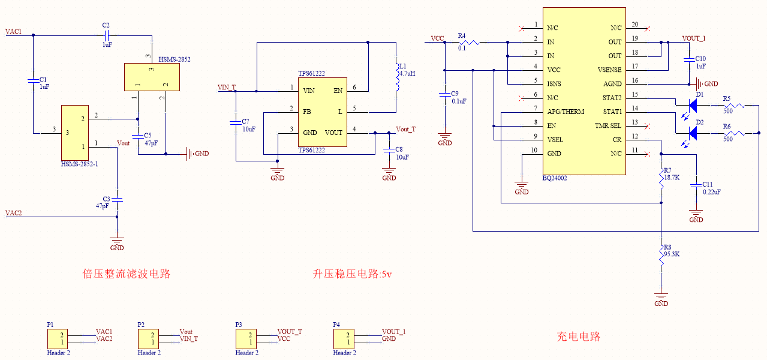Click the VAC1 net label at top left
click(x=13, y=31)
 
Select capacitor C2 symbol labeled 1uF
click(x=107, y=35)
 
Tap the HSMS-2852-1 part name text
click(x=79, y=164)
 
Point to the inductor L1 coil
click(x=396, y=76)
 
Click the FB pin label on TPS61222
click(x=306, y=112)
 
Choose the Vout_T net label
click(x=405, y=130)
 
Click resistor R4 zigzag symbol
click(x=472, y=43)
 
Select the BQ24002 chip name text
click(x=555, y=178)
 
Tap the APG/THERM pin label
click(x=565, y=112)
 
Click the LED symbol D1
click(x=693, y=106)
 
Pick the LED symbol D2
click(x=693, y=133)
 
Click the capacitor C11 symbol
click(x=696, y=185)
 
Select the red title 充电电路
click(x=579, y=337)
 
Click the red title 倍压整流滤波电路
click(x=127, y=274)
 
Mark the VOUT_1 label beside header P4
click(x=394, y=331)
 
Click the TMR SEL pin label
click(x=608, y=125)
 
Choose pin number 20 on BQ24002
click(x=634, y=25)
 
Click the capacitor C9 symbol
click(x=444, y=94)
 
